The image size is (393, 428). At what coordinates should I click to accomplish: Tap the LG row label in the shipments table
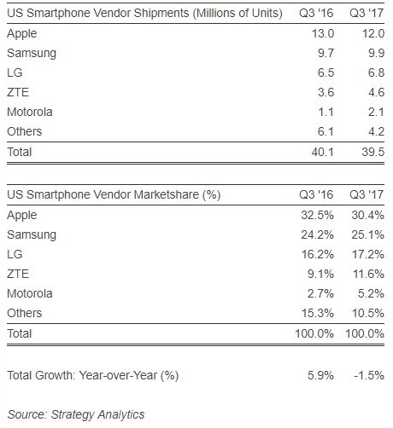(15, 72)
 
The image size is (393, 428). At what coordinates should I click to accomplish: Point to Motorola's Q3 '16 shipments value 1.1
(326, 112)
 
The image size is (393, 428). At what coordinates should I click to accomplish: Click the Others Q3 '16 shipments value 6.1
(326, 131)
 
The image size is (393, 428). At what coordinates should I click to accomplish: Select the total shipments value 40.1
(323, 153)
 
